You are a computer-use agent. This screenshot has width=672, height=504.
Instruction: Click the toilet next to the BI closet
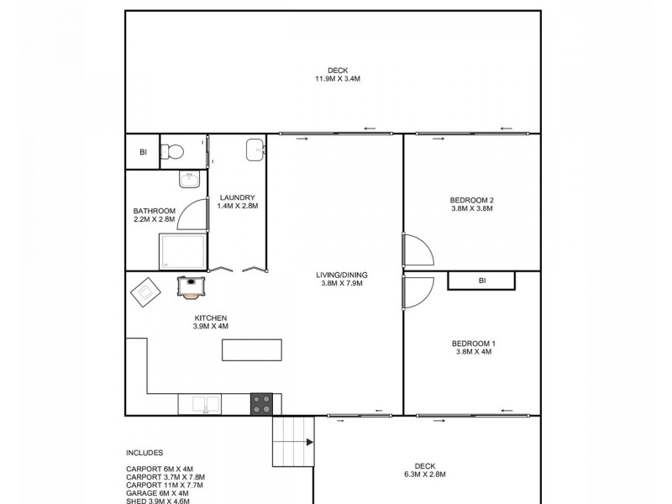[174, 151]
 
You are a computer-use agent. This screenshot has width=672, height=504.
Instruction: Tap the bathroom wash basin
[188, 179]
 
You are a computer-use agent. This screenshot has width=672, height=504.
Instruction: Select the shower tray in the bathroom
[184, 251]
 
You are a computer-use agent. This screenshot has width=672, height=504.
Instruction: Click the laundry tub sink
[256, 150]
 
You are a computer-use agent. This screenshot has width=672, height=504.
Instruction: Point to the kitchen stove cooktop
[262, 404]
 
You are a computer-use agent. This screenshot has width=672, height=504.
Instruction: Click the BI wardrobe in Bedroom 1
[481, 281]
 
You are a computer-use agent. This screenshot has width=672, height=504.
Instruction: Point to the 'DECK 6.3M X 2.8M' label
[423, 470]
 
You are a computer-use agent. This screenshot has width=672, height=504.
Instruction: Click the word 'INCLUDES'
[144, 452]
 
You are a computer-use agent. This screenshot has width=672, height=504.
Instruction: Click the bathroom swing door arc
[195, 215]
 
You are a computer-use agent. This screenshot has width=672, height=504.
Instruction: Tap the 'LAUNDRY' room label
[236, 198]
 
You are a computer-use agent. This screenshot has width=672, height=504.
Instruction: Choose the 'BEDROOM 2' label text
[472, 200]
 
